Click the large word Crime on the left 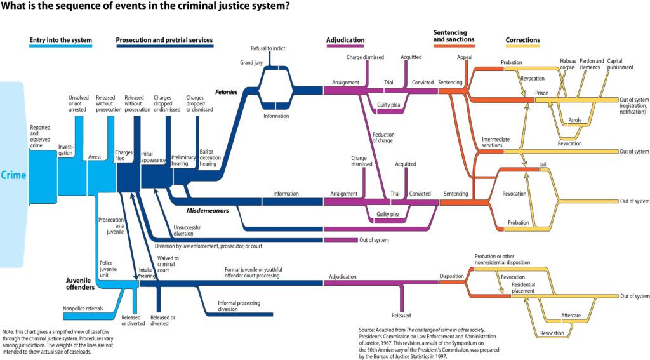13,175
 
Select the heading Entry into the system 60,41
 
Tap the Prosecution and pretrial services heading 164,41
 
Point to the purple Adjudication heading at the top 345,41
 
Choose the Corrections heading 522,41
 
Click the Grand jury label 251,63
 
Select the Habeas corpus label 567,64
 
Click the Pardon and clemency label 592,64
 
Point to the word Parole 574,120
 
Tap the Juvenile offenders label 80,283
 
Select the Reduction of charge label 383,137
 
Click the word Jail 542,164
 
